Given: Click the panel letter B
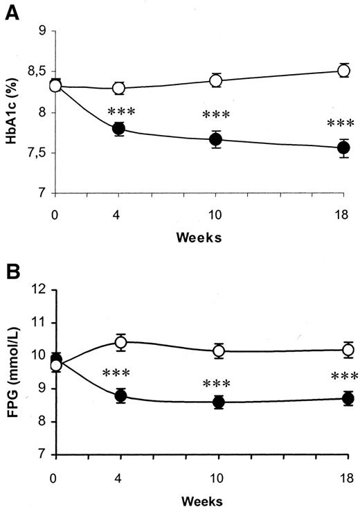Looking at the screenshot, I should [12, 270].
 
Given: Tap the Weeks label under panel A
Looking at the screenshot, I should [199, 237].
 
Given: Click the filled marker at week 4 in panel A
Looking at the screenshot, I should [119, 128].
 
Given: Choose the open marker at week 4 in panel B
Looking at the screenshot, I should [120, 341].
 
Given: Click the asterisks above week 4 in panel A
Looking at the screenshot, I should [119, 112].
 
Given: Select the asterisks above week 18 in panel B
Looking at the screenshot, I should [341, 377].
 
